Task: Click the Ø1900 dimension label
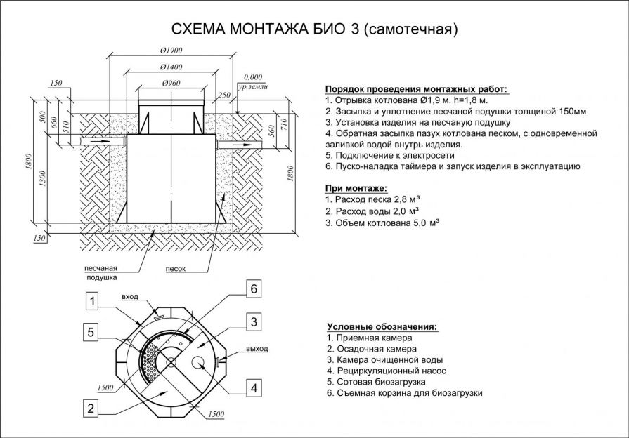click(171, 51)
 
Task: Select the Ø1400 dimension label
click(171, 67)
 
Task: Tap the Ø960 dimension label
click(171, 83)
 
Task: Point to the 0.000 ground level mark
click(252, 77)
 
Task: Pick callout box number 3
click(254, 322)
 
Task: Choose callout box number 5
click(91, 332)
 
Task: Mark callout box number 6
click(254, 290)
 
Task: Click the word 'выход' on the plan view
click(257, 349)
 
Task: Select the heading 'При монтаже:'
click(356, 188)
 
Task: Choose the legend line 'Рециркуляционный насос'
click(386, 371)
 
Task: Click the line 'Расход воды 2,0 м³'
click(372, 211)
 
